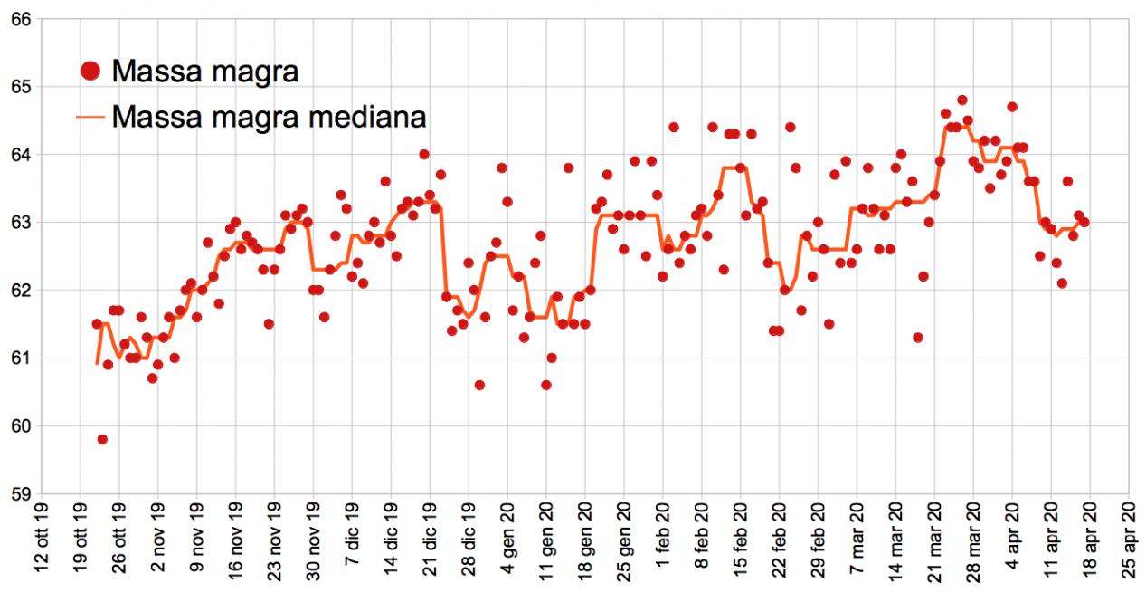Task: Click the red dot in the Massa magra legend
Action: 90,70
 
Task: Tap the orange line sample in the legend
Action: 90,116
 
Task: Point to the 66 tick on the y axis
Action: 21,19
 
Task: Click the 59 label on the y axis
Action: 21,494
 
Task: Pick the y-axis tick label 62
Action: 21,291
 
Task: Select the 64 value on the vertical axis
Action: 21,155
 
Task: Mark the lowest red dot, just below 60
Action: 102,439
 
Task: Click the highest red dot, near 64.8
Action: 962,100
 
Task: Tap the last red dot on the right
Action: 1084,222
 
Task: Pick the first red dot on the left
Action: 97,323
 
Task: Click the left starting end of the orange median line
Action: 97,364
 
